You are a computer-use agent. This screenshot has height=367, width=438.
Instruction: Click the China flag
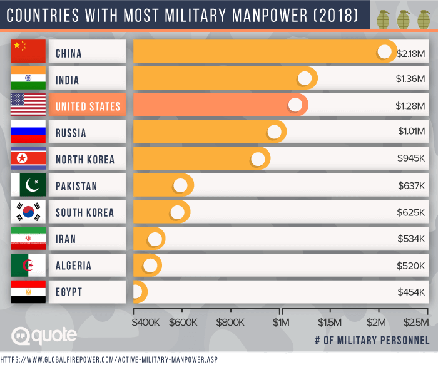[x=28, y=53]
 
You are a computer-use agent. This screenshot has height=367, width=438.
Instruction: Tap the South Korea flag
[x=28, y=212]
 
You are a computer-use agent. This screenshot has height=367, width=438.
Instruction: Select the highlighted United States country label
[x=88, y=106]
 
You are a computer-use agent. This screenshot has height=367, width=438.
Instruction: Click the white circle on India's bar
[x=305, y=79]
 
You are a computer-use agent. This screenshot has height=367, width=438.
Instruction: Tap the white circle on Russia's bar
[x=274, y=132]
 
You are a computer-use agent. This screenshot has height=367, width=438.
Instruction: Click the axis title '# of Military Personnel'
[x=372, y=340]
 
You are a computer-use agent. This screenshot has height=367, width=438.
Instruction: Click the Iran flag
[x=28, y=239]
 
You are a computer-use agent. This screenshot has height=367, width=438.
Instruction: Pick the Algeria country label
[x=73, y=266]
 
